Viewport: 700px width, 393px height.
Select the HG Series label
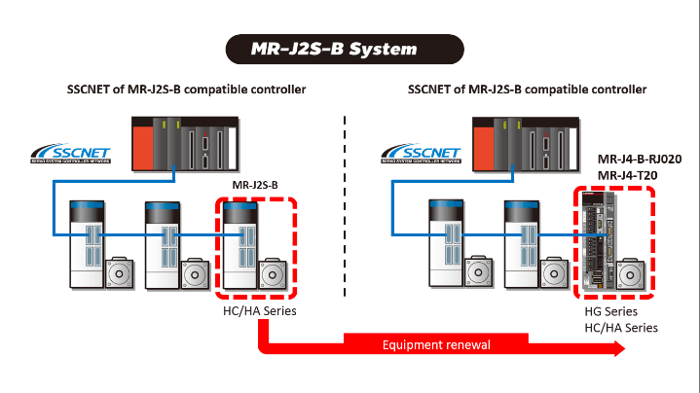tap(610, 311)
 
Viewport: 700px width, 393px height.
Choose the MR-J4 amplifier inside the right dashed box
tap(596, 243)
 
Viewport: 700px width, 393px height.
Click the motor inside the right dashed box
tap(634, 272)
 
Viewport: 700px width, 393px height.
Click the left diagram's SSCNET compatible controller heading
tap(186, 89)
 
